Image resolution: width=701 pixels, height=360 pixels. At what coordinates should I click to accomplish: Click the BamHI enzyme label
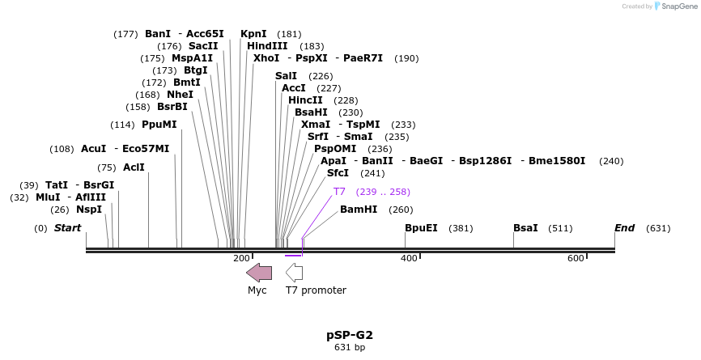[359, 210]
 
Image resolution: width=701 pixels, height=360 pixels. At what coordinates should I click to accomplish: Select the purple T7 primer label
[339, 192]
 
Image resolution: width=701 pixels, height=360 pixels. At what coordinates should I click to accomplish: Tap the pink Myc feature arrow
[259, 273]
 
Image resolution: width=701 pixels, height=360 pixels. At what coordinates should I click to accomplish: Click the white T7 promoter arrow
[295, 273]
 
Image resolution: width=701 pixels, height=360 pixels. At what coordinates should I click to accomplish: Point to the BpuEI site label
[421, 228]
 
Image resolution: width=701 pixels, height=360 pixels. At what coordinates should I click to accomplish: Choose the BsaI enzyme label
[525, 228]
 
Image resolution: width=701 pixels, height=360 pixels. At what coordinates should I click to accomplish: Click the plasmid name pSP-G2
[350, 335]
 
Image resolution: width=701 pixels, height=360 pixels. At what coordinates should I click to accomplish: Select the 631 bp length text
[350, 348]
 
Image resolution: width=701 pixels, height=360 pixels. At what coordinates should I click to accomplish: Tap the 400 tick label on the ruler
[409, 258]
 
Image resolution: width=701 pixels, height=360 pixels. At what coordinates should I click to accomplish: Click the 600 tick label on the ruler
[576, 258]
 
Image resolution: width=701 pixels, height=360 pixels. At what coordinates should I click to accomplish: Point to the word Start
[68, 228]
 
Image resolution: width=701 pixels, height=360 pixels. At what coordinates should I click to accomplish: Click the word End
[625, 228]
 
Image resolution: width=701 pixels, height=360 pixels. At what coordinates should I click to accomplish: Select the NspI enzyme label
[89, 210]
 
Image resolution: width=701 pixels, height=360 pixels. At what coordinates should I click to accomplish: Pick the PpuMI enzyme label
[159, 125]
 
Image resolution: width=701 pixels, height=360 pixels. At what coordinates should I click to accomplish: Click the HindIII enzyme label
[267, 46]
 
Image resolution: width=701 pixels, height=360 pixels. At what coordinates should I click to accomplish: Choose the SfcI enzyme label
[338, 173]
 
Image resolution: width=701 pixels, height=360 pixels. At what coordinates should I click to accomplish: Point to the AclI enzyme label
[134, 167]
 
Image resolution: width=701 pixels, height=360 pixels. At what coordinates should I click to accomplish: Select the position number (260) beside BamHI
[401, 210]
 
